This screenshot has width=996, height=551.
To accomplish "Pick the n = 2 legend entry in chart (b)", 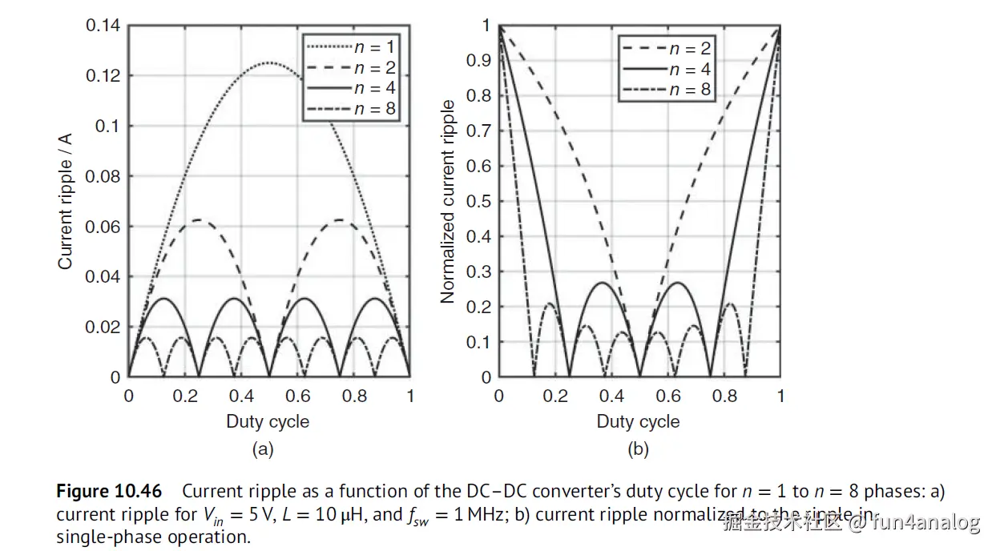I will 691,50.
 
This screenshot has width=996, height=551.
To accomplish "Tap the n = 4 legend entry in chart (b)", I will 691,70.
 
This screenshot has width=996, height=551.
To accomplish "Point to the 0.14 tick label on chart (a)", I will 103,26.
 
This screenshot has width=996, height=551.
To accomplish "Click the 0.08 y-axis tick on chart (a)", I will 103,176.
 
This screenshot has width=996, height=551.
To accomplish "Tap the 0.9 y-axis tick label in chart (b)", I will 480,61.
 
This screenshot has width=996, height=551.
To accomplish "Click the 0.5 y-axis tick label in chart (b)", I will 480,201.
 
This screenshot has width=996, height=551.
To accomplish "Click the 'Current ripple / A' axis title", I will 66,201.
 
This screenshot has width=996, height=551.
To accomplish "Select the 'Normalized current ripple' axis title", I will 448,201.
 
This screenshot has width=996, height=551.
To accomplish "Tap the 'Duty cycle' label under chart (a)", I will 268,422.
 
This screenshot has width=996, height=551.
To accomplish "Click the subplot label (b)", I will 638,450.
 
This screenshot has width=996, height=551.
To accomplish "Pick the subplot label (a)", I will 263,450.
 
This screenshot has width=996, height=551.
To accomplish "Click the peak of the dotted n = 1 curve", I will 269,62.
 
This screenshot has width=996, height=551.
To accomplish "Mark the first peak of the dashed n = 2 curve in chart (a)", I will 199,219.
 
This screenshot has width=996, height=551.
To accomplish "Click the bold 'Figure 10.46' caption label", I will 109,491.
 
